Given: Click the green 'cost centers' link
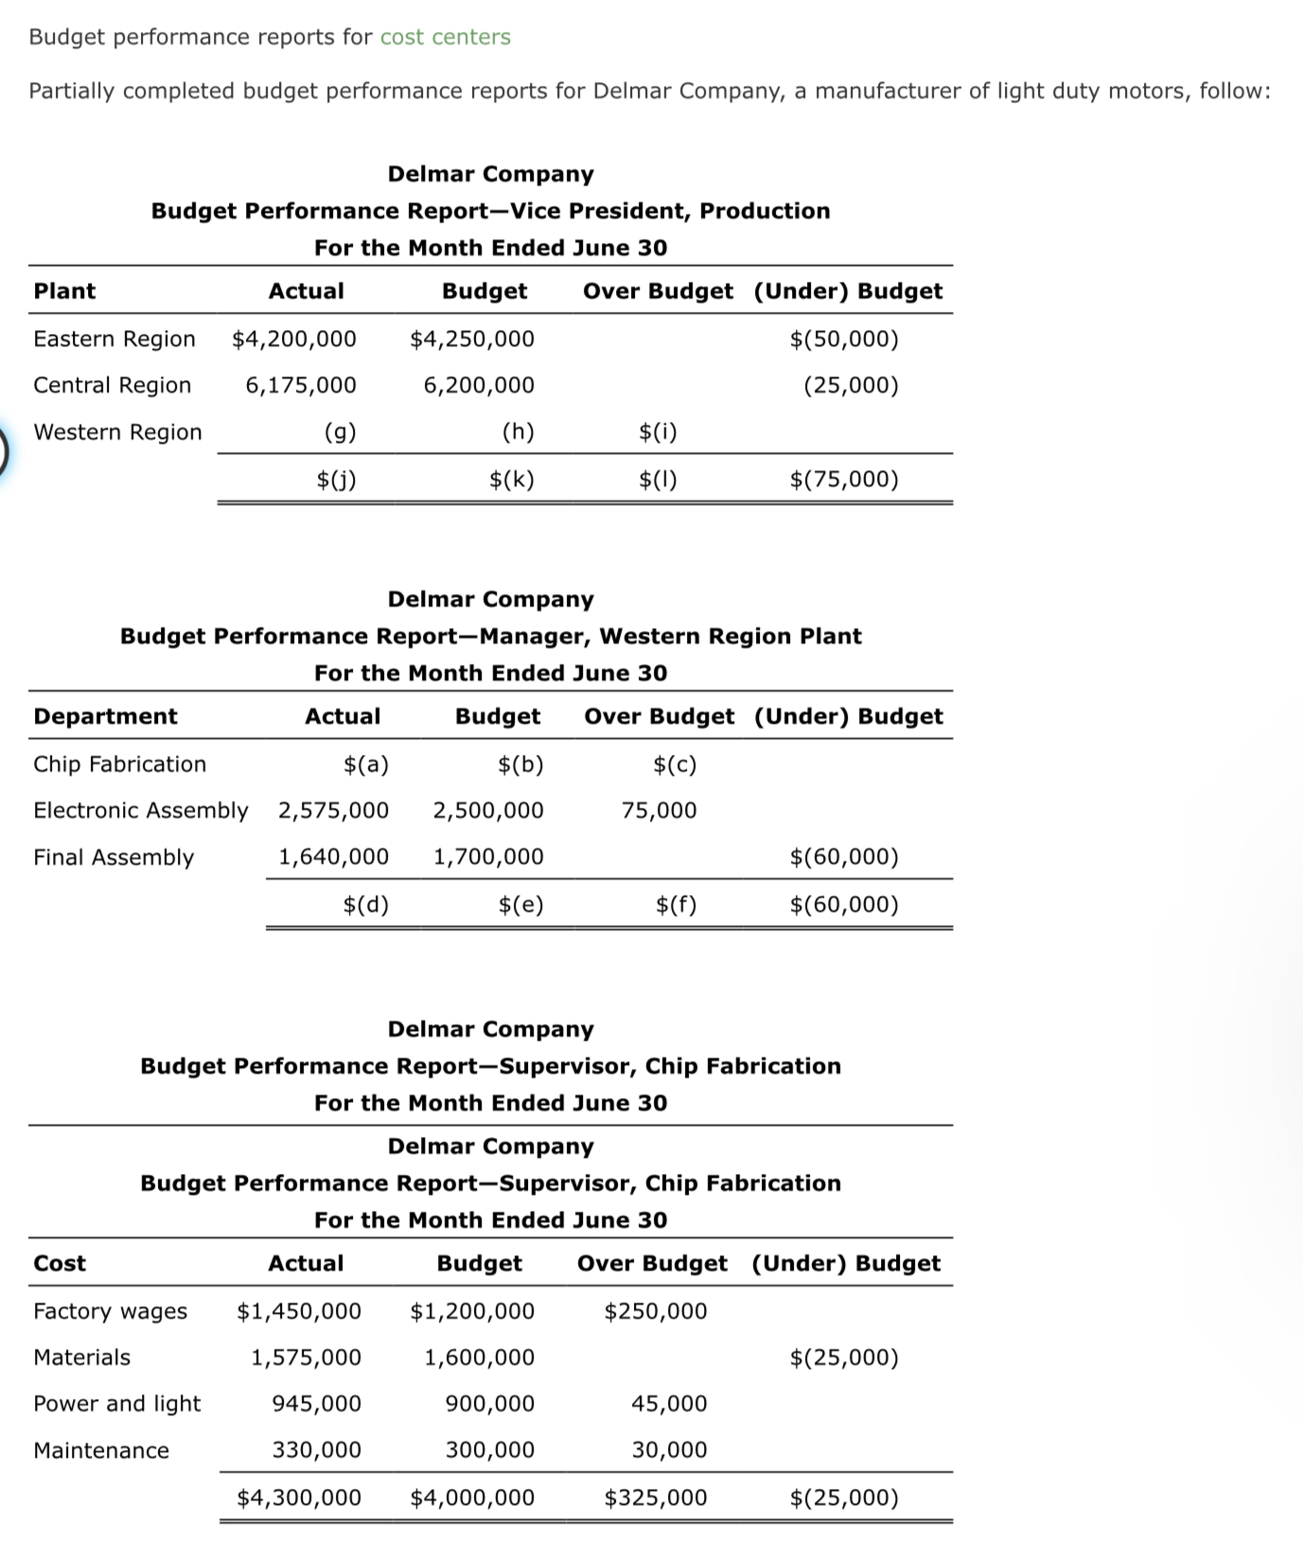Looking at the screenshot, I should [445, 37].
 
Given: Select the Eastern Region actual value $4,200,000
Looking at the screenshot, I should [294, 339].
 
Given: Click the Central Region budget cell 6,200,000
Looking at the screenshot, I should [479, 385].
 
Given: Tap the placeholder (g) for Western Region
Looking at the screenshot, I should [340, 432].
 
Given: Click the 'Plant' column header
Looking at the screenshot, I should [64, 291].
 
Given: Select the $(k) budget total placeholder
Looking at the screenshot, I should [512, 480].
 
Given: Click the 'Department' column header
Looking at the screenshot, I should [105, 716].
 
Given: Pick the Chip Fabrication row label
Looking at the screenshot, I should [119, 764].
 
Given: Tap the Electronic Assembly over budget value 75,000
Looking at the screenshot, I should [659, 811].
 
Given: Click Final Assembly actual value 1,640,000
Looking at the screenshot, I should [333, 857].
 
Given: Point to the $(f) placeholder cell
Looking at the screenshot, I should [676, 905].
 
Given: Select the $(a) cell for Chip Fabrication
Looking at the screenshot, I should [365, 764].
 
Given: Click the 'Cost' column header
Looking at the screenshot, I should [60, 1264].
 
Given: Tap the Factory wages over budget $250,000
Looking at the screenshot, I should [655, 1311].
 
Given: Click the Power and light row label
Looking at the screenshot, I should [116, 1404].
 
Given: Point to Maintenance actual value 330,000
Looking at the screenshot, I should [316, 1450].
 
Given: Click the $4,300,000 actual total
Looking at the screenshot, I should [298, 1497].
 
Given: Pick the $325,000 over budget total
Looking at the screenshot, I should [655, 1497].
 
